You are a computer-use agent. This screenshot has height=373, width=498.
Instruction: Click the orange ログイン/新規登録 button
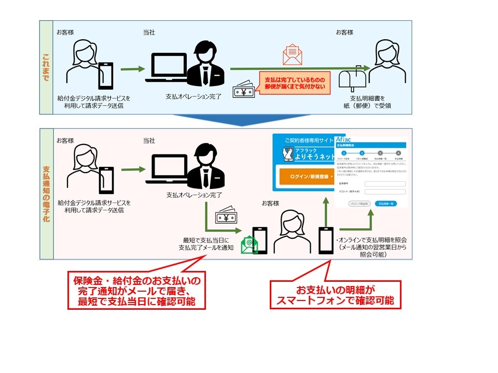(305, 177)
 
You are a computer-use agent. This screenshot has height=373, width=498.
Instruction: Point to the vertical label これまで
(46, 67)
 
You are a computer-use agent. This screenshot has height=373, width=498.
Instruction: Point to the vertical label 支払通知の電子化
(46, 193)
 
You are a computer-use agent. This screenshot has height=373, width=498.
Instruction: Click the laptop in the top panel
(166, 67)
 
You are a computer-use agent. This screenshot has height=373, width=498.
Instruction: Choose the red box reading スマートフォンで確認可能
(336, 295)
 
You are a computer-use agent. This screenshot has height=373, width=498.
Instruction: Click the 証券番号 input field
(385, 184)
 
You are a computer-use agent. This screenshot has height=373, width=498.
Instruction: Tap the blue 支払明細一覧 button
(385, 204)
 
